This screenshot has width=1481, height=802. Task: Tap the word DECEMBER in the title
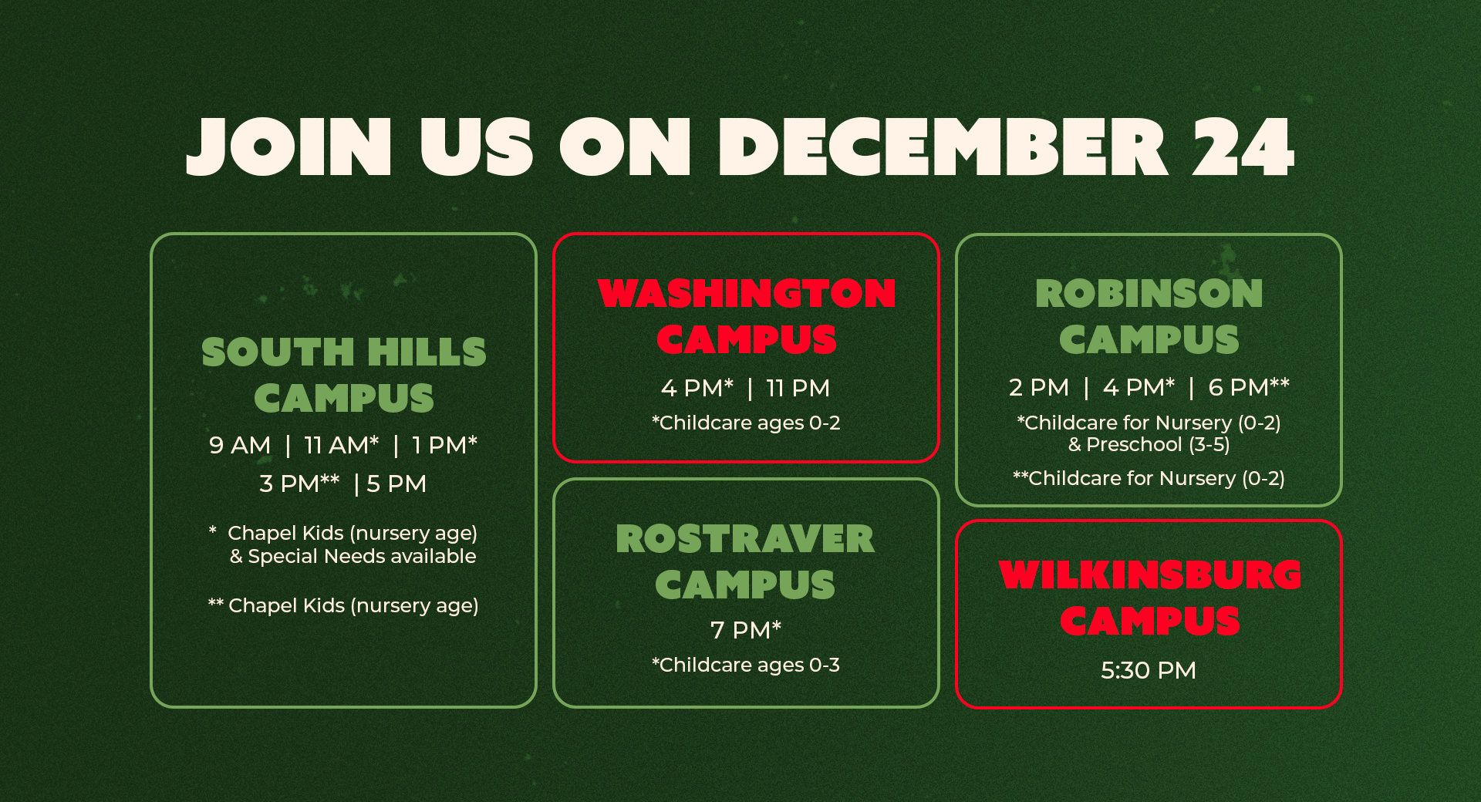coord(943,147)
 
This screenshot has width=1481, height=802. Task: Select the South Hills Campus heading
coord(344,375)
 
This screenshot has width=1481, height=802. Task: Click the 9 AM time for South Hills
coord(240,445)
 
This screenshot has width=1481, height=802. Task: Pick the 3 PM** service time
coord(299,483)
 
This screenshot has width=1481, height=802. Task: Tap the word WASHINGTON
coord(747,293)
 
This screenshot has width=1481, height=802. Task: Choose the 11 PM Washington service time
coord(798,388)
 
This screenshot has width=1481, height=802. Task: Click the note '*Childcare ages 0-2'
coord(746,423)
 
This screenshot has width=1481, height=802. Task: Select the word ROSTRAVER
coord(745,538)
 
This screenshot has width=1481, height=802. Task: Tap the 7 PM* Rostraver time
coord(746,629)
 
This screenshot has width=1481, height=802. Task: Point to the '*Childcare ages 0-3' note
coord(746,665)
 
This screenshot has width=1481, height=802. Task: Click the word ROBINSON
coord(1149,293)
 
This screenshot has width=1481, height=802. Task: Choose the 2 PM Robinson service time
coord(1039,387)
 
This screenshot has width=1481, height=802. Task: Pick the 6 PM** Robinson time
coord(1249,386)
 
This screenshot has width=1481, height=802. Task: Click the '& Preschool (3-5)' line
coord(1149,444)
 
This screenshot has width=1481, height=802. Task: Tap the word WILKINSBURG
coord(1150,575)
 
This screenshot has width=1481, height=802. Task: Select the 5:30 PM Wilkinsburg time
coord(1149,670)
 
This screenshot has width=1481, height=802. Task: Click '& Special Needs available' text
coord(353,556)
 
